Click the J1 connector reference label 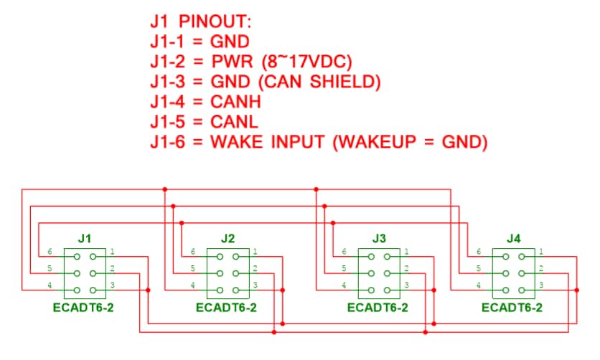coord(84,239)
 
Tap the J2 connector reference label coord(228,239)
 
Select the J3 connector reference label coord(379,239)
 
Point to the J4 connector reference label coord(514,239)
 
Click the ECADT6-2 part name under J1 coord(83,308)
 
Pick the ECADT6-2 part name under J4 coord(512,308)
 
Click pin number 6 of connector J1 coord(50,252)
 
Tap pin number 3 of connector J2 coord(256,285)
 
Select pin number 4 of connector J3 coord(344,285)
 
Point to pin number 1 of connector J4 coord(541,252)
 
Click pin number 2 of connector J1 coord(112,268)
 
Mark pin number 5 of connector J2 coord(193,268)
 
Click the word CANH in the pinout coord(235,102)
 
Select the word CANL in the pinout coord(234,122)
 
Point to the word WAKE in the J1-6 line coord(237,142)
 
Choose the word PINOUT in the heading coord(215,22)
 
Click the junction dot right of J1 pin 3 coord(148,290)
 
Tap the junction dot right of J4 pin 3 coord(576,290)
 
